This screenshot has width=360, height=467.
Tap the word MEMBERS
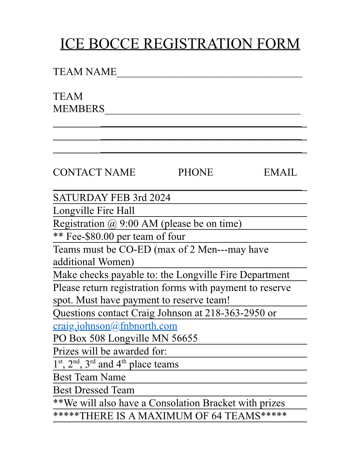pos(79,109)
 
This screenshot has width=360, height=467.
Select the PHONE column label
pos(195,173)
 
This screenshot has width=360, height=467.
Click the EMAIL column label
pos(280,173)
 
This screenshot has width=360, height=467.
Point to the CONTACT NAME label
pos(94,173)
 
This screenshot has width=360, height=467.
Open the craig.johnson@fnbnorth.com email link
pos(115,326)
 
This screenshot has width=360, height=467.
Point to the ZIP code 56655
pos(184,338)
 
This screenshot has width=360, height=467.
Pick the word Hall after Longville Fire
pos(125,211)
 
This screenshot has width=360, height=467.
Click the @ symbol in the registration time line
pos(112,224)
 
